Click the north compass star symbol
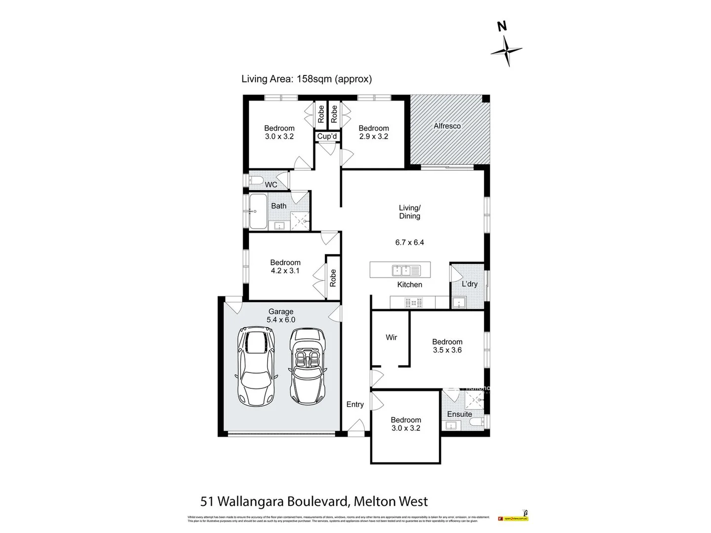click(x=506, y=50)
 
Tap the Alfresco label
click(x=447, y=126)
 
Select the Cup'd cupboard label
click(x=327, y=136)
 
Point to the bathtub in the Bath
click(x=257, y=211)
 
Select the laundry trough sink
click(x=459, y=303)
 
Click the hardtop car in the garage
click(x=255, y=366)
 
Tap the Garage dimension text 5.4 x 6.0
click(x=281, y=320)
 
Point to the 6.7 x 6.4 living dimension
click(x=409, y=242)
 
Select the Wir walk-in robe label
click(x=391, y=338)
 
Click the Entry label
click(x=355, y=404)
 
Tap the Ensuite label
click(x=459, y=414)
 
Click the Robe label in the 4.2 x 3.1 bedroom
click(x=333, y=278)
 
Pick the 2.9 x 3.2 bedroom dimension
click(x=373, y=137)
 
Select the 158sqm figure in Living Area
click(x=314, y=78)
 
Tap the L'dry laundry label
click(x=469, y=284)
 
